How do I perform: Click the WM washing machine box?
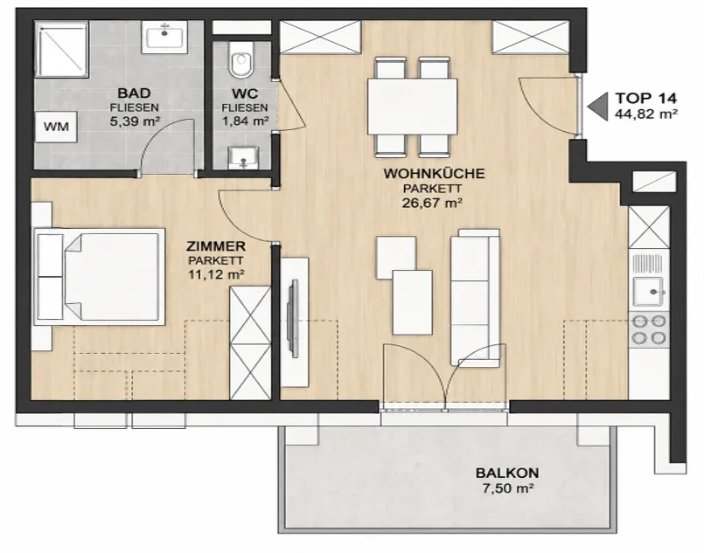coord(56,127)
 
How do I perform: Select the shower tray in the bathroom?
coord(62,50)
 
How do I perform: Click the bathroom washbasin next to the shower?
coord(165,38)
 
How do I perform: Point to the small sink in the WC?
coord(243,157)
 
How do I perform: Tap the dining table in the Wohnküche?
coord(412,107)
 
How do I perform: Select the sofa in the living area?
coord(476,298)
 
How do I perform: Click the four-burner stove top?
coord(649,329)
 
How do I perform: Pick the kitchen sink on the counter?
coord(648,291)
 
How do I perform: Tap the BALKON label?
coord(507,473)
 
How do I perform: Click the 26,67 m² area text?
coord(432,204)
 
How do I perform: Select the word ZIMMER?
coord(216,246)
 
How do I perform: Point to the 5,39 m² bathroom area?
coord(136,121)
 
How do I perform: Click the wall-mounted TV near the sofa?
coord(294,319)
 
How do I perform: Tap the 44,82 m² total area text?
coord(646,114)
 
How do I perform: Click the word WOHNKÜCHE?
coord(434,174)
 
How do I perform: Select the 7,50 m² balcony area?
coord(508,488)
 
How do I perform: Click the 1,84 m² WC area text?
coord(245,121)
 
